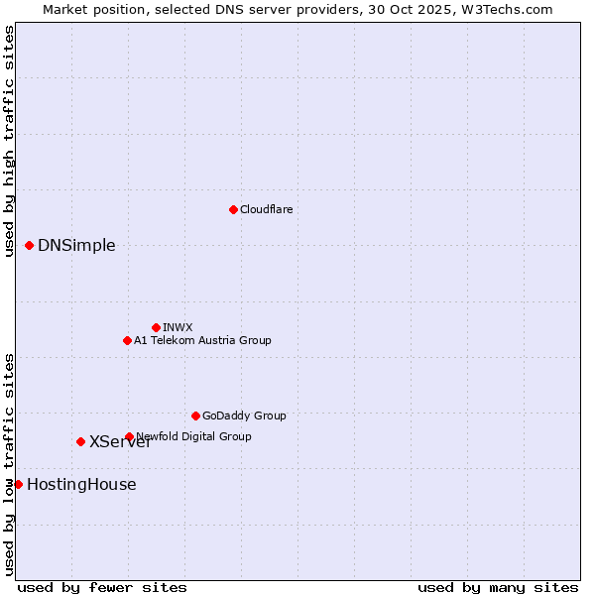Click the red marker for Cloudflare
click(233, 209)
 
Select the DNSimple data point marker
click(29, 245)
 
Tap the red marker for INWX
click(156, 327)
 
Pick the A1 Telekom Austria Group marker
click(127, 340)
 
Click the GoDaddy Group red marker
click(195, 416)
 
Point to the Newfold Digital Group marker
click(129, 436)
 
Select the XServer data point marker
click(80, 441)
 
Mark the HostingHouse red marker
click(18, 484)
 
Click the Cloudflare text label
click(266, 209)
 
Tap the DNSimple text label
click(76, 246)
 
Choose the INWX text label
click(178, 327)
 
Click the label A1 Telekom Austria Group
click(202, 340)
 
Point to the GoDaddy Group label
click(244, 416)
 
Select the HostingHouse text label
click(81, 485)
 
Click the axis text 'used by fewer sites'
click(102, 587)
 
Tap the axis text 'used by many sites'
click(498, 587)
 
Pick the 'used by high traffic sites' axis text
click(9, 141)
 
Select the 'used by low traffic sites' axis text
click(9, 463)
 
